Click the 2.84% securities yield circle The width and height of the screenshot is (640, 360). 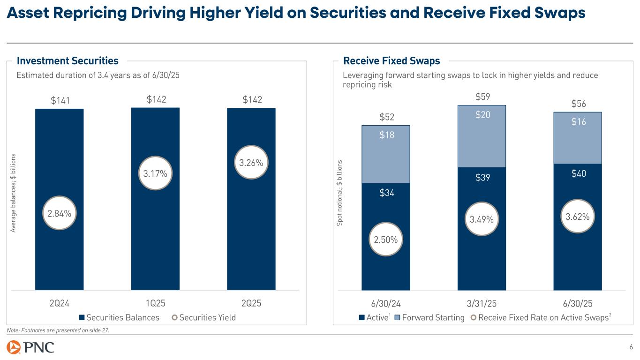(x=60, y=213)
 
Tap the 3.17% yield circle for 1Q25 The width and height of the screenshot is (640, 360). (x=155, y=173)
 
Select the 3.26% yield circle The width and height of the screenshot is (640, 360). (x=251, y=163)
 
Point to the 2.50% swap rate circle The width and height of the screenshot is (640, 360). (x=386, y=240)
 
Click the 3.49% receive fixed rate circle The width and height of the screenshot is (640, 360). (x=482, y=218)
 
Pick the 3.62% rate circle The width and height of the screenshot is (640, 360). (x=578, y=216)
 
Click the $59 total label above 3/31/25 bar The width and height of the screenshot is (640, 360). (x=482, y=97)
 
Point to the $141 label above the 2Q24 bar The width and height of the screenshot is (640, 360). (x=60, y=99)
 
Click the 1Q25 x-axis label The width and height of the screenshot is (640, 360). (x=155, y=302)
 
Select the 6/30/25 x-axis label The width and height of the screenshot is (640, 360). (x=578, y=302)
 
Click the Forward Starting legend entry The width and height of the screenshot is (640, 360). (x=429, y=317)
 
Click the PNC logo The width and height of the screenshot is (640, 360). (x=30, y=347)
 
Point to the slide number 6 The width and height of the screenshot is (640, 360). (x=631, y=347)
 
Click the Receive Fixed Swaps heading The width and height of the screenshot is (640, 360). (x=392, y=60)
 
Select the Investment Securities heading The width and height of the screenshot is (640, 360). (x=68, y=60)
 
